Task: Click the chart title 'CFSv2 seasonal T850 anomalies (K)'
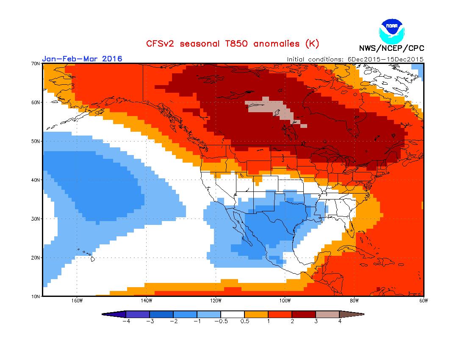pos(233,44)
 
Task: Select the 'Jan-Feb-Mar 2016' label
pos(82,58)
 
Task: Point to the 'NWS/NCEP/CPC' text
pos(391,48)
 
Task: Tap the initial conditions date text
pos(355,59)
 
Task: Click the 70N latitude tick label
pos(36,64)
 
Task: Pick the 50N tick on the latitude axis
pos(36,141)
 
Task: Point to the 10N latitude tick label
pos(36,296)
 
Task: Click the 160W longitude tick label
pos(77,301)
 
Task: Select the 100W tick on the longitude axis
pos(285,301)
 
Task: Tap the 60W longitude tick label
pos(424,301)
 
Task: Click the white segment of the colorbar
pos(233,314)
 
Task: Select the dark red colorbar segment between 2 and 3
pos(304,314)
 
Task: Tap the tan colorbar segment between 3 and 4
pos(327,314)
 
